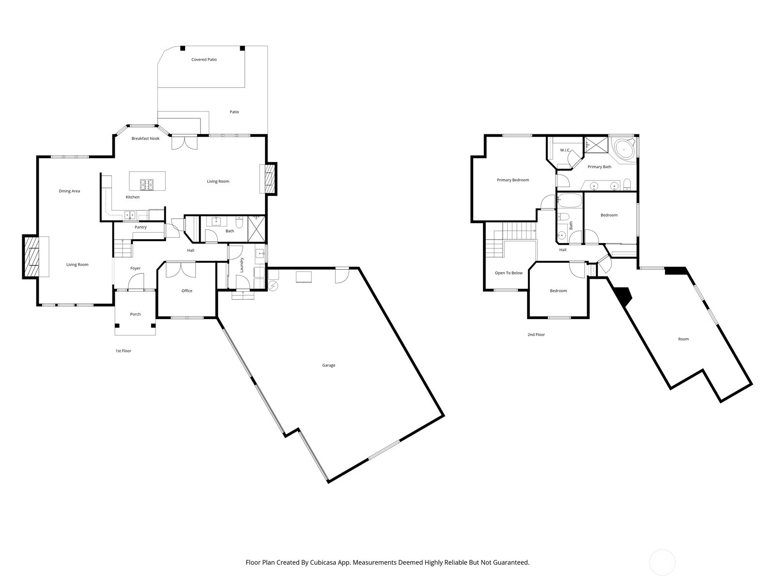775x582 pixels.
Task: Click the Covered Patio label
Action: pyautogui.click(x=204, y=60)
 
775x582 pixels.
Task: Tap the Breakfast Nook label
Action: pyautogui.click(x=145, y=139)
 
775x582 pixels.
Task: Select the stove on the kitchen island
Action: pyautogui.click(x=147, y=184)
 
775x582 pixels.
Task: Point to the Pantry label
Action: pyautogui.click(x=140, y=227)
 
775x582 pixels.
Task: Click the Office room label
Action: pyautogui.click(x=187, y=291)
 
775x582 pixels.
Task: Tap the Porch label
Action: pyautogui.click(x=135, y=314)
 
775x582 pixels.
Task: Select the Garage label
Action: pyautogui.click(x=328, y=365)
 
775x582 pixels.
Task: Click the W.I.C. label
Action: pyautogui.click(x=565, y=150)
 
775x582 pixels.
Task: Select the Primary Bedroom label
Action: pyautogui.click(x=513, y=180)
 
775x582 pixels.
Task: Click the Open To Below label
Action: pyautogui.click(x=509, y=273)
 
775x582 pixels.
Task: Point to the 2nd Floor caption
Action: pyautogui.click(x=536, y=335)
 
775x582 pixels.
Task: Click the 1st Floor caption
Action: pyautogui.click(x=123, y=351)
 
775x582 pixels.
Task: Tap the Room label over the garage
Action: pyautogui.click(x=683, y=339)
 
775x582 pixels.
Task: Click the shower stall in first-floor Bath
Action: pyautogui.click(x=257, y=229)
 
